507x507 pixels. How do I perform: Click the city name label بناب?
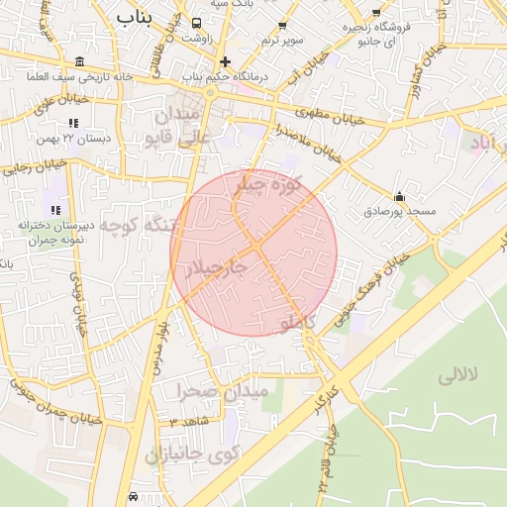[x=135, y=17]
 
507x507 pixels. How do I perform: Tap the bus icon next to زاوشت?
[x=196, y=23]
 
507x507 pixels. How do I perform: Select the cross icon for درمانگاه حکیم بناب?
[x=226, y=61]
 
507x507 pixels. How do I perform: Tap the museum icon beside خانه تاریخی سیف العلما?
[x=79, y=61]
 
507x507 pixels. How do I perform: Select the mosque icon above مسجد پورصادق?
[x=399, y=196]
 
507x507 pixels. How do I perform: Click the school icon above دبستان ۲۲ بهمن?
[x=72, y=123]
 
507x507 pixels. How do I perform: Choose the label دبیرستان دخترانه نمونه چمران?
[x=54, y=233]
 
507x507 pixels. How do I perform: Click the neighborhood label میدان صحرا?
[x=223, y=391]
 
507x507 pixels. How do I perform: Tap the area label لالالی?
[x=457, y=375]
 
